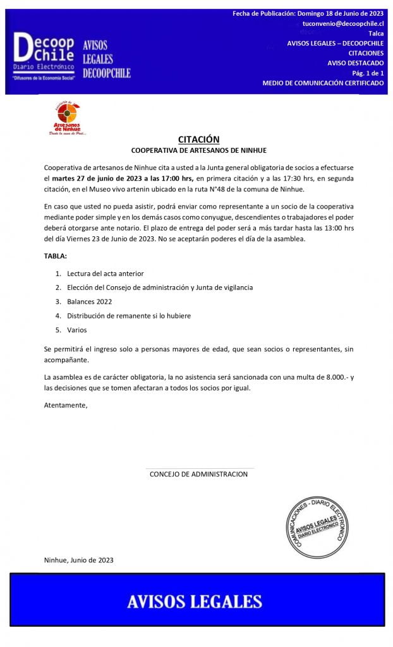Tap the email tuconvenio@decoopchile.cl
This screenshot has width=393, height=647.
pos(343,23)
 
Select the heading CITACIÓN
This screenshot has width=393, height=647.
pos(198,140)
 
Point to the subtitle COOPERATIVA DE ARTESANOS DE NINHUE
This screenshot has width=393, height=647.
pos(198,150)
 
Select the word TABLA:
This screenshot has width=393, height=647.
pos(56,256)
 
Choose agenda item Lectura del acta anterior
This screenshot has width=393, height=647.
pos(105,274)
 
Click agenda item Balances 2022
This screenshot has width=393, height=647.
pos(89,301)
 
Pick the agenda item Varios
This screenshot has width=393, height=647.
pos(77,330)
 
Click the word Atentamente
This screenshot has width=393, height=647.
pos(66,405)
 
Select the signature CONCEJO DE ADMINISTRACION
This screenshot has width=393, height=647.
pos(198,474)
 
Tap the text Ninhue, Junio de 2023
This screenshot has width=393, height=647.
pos(79,560)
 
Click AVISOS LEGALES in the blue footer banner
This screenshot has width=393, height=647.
pos(195,601)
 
